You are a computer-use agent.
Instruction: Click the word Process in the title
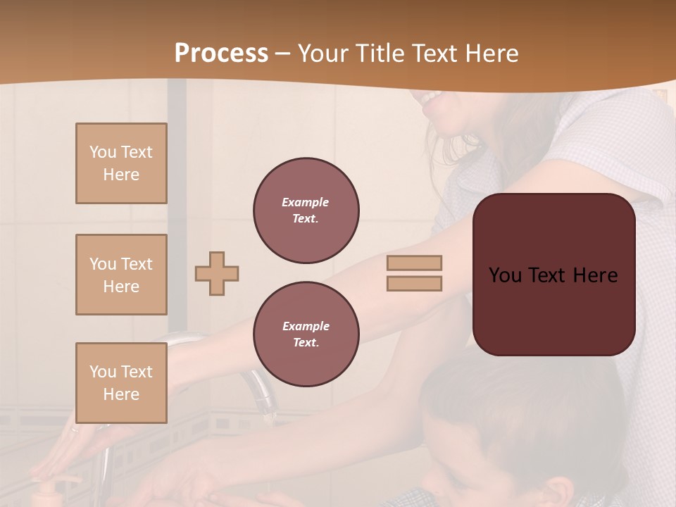(x=221, y=54)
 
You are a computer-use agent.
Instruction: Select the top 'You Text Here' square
(x=121, y=163)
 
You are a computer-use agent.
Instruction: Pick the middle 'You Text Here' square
(x=121, y=275)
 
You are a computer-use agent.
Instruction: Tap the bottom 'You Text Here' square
(x=121, y=382)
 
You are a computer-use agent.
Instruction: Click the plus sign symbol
(x=217, y=273)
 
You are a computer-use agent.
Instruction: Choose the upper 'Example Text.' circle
(x=306, y=211)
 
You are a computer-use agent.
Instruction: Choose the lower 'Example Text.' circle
(x=306, y=334)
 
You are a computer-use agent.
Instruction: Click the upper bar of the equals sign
(x=414, y=263)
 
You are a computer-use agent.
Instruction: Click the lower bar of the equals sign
(x=414, y=284)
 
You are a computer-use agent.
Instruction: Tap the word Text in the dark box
(x=553, y=275)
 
